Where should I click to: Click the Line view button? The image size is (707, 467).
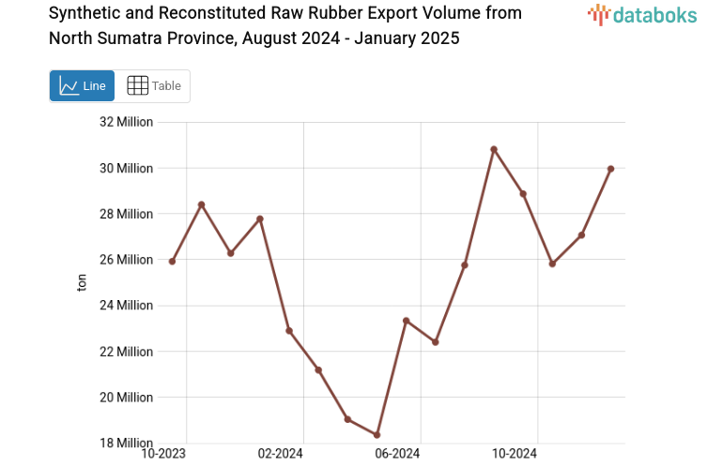[x=82, y=85]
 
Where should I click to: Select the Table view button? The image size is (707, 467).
[x=153, y=85]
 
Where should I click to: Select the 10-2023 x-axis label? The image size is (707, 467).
[x=163, y=455]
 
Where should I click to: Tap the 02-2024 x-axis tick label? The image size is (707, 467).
[x=280, y=455]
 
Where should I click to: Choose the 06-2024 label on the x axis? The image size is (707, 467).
[x=397, y=455]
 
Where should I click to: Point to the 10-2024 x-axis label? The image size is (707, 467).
[x=514, y=455]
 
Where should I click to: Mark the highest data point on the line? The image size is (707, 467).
[x=494, y=149]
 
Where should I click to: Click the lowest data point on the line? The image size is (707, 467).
[x=377, y=435]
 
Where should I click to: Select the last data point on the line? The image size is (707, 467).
[x=610, y=169]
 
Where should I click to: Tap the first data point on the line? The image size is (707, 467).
[x=172, y=262]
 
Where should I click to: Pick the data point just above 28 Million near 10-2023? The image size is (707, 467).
[x=201, y=204]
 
